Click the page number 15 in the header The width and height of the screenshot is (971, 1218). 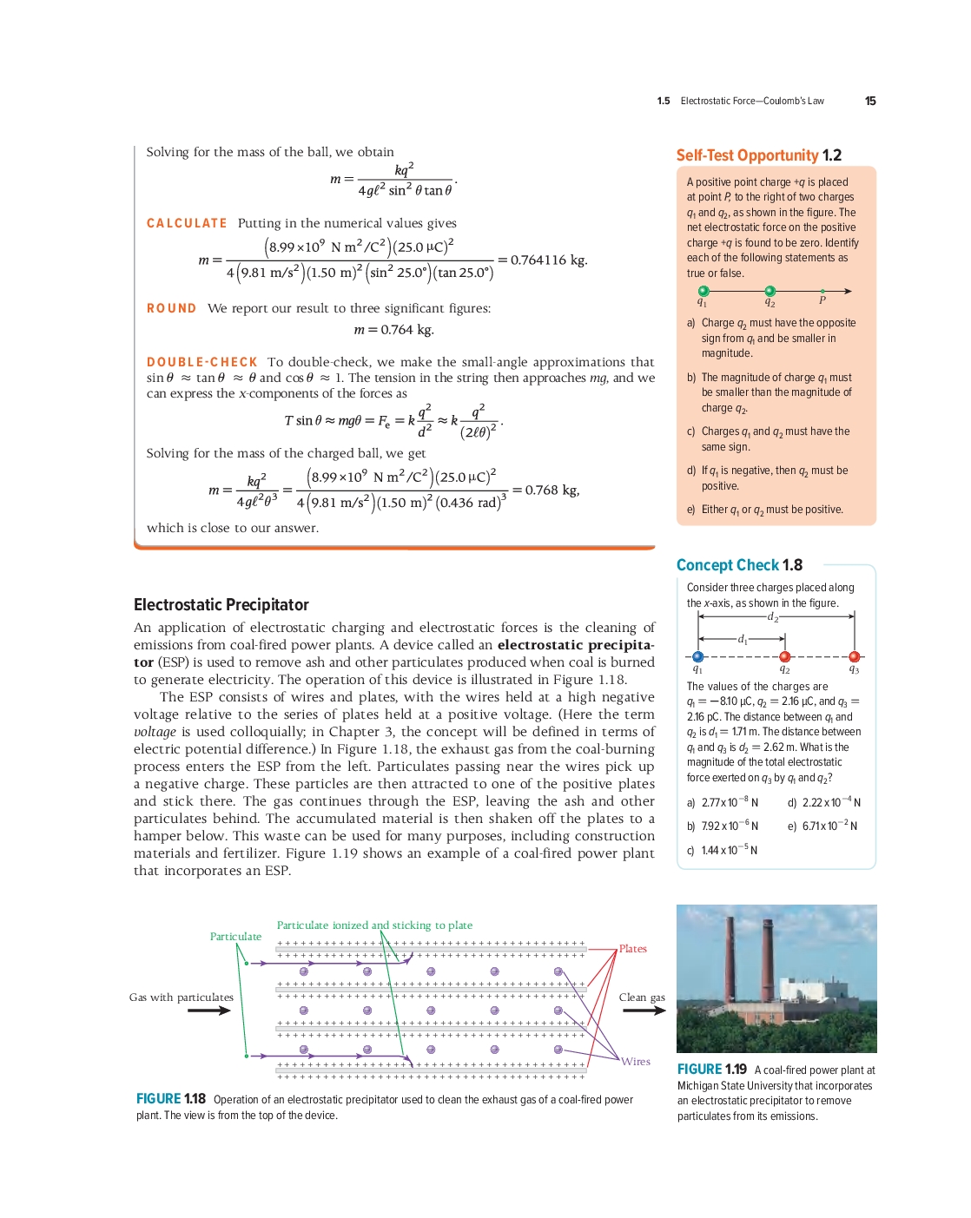[870, 102]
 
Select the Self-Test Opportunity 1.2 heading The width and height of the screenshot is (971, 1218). [758, 155]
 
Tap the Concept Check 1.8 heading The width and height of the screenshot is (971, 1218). [739, 565]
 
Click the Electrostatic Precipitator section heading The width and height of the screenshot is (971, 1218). [221, 605]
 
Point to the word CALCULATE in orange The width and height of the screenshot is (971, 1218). [187, 224]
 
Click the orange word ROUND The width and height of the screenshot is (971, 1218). [171, 309]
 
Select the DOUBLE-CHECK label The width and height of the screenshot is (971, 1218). [201, 362]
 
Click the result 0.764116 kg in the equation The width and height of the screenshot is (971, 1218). [548, 260]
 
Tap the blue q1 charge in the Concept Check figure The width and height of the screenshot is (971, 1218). [698, 657]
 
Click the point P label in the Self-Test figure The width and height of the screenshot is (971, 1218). [822, 300]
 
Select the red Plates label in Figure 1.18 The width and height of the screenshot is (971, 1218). [632, 949]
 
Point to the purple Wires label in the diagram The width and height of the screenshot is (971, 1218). [636, 1062]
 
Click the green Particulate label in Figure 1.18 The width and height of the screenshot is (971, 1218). [235, 937]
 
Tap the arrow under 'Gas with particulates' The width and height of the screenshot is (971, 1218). [208, 1011]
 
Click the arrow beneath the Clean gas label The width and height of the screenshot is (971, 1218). [643, 1011]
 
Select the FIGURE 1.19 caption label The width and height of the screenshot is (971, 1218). [711, 1070]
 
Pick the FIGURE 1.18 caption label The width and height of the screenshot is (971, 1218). [170, 1099]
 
